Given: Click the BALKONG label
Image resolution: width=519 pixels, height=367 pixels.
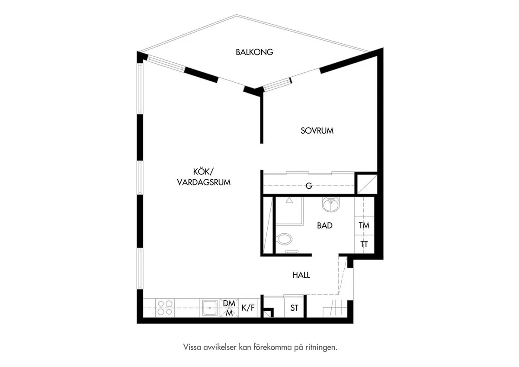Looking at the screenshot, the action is click(x=254, y=52).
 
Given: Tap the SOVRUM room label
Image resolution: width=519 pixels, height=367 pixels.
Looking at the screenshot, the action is click(x=317, y=131).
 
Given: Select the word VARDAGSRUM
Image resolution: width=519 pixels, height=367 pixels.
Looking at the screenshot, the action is click(x=204, y=183).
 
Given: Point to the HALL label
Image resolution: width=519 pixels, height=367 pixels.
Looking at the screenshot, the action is click(x=301, y=275).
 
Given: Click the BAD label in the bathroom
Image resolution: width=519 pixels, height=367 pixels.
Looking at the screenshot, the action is click(x=325, y=225).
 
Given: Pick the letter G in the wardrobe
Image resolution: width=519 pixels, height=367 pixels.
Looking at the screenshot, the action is click(x=309, y=186).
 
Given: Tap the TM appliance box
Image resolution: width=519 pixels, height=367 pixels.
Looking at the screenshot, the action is click(x=364, y=225).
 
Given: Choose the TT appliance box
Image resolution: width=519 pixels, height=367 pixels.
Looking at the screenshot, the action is click(x=364, y=244).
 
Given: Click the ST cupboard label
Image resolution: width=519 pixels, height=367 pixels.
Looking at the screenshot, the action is click(x=294, y=308).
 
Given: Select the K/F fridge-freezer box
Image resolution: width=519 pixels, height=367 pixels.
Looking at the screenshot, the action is click(x=248, y=308).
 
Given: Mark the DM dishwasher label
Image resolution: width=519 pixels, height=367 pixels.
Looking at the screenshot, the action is click(x=229, y=303).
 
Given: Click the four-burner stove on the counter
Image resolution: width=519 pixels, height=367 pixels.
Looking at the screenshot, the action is click(x=164, y=308).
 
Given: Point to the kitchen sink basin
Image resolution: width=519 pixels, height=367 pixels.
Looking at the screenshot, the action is click(x=210, y=308).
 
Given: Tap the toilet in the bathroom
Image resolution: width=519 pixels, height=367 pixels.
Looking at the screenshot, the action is click(x=284, y=239).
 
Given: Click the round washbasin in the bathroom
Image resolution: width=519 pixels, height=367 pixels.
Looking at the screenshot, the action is click(x=330, y=204).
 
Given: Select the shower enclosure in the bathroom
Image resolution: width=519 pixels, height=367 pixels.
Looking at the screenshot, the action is click(x=289, y=211).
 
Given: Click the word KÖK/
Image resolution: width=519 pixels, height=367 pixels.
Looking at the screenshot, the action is click(x=203, y=172).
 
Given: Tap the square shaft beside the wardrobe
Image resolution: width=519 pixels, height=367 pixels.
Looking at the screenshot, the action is click(x=367, y=184).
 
